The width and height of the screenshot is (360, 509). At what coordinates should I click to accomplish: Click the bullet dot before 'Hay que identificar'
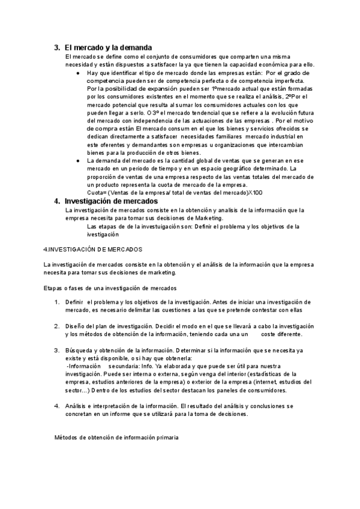79,73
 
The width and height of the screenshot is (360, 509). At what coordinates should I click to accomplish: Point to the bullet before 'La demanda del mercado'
79,161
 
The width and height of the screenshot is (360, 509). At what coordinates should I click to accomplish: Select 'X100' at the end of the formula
254,193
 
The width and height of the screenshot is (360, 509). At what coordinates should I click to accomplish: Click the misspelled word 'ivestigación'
103,235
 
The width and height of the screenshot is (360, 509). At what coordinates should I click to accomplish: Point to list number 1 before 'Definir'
56,301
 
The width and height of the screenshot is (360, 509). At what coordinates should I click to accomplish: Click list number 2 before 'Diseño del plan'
56,326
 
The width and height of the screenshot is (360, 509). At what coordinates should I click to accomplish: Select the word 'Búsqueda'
79,350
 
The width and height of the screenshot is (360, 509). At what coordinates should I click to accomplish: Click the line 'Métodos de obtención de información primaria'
116,438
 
